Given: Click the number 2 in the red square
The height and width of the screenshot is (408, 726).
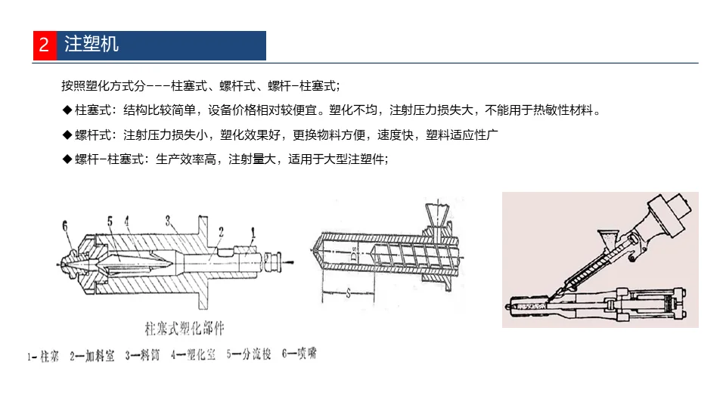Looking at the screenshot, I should [x=44, y=45].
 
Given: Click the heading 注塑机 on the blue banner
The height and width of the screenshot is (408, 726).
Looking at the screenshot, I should [x=92, y=45].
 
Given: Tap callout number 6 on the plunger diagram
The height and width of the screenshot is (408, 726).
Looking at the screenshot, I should [x=65, y=224].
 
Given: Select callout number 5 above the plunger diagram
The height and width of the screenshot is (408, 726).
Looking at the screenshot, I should [x=110, y=221].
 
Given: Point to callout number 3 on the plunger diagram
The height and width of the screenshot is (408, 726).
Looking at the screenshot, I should [x=167, y=219].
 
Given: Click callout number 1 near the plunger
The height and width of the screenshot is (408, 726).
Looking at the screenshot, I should [x=254, y=232].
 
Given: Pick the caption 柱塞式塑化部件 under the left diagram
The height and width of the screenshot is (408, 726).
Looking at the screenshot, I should [x=185, y=329].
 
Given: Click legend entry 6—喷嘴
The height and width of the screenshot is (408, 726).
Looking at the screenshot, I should [x=297, y=354].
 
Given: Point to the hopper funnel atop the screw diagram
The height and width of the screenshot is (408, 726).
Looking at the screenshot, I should [x=438, y=215].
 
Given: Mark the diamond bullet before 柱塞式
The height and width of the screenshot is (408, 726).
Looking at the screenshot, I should [x=67, y=110].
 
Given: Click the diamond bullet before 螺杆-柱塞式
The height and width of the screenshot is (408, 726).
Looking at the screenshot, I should [x=67, y=159].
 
